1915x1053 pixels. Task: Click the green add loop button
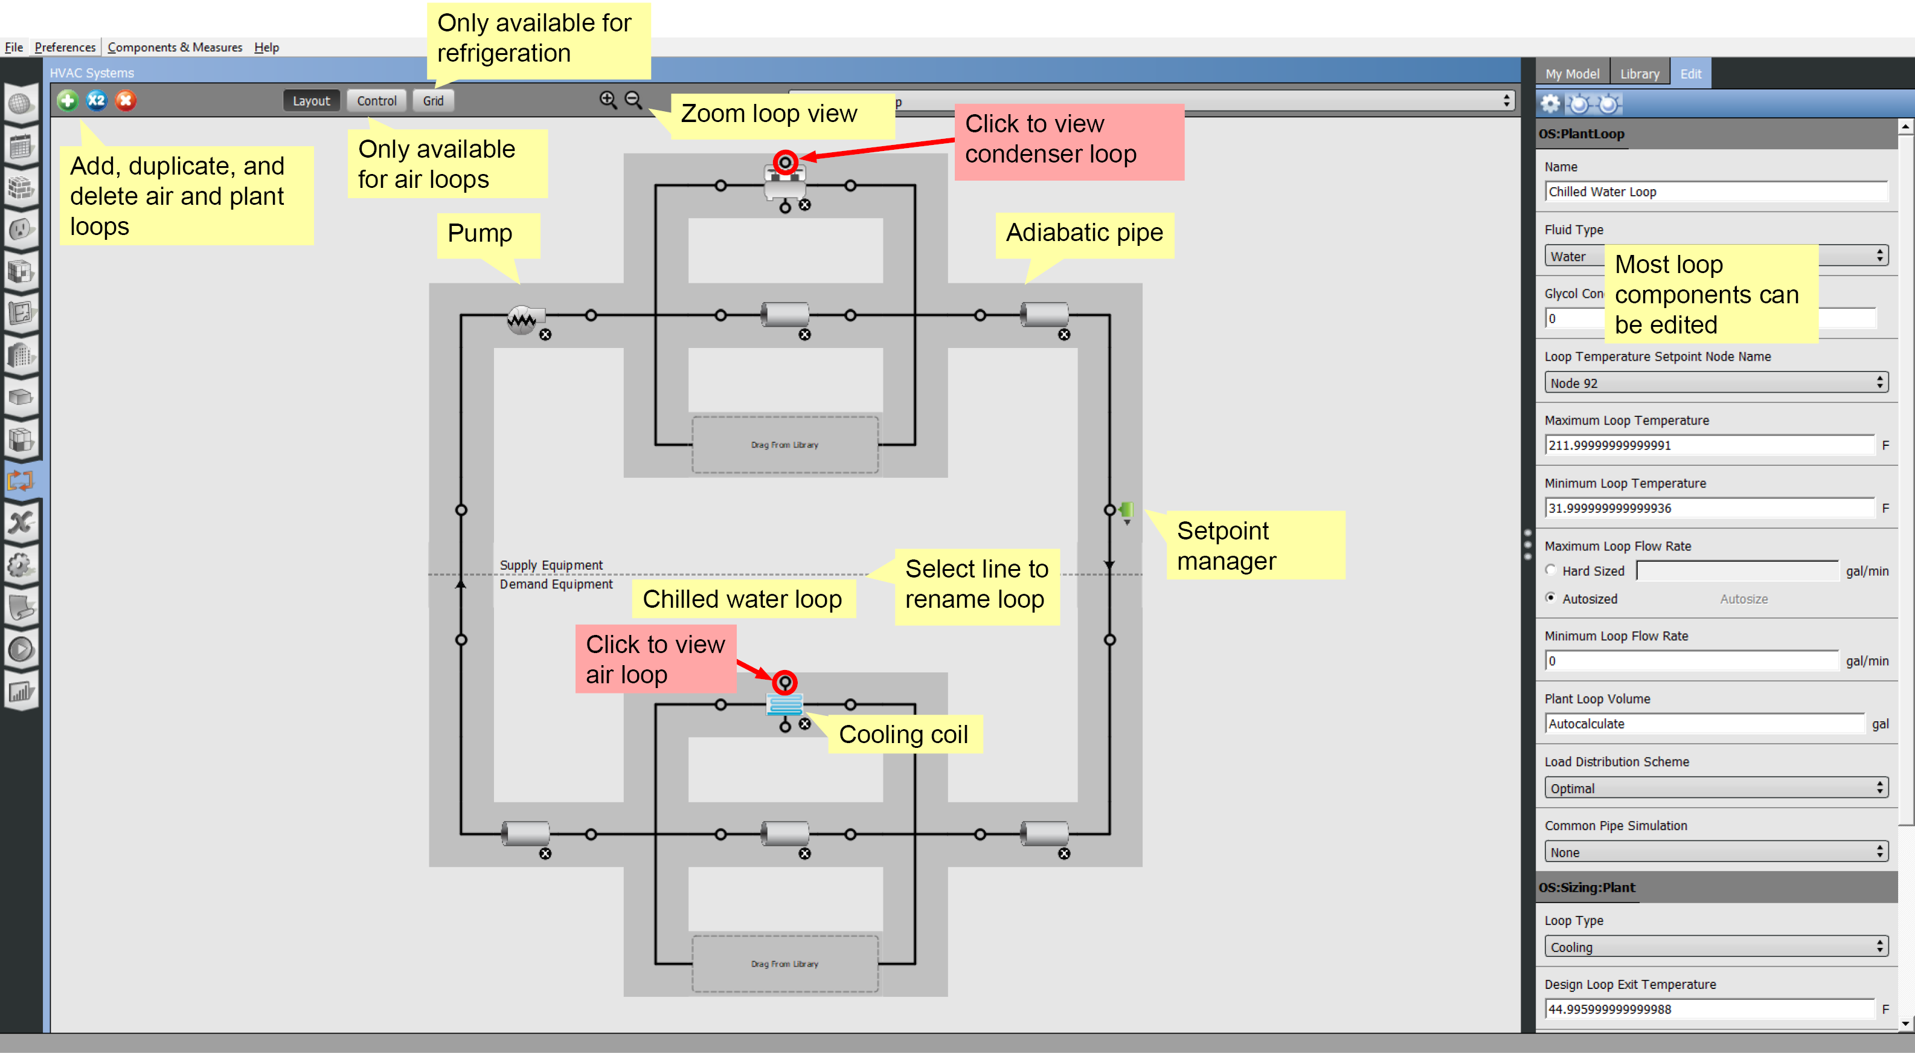(x=68, y=100)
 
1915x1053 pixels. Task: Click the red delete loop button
(x=126, y=100)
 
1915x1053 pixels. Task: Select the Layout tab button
(x=311, y=100)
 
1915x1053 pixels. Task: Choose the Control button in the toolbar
(x=376, y=100)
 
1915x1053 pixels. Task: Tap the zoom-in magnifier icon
(x=608, y=100)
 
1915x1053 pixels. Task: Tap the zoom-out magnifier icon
(x=634, y=100)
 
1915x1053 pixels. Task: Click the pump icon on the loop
(x=522, y=319)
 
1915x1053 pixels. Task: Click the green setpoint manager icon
(x=1127, y=510)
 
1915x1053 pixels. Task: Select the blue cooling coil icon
(x=785, y=704)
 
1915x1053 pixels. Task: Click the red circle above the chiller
(x=785, y=161)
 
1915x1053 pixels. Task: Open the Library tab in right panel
(x=1639, y=74)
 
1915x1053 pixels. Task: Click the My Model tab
(x=1573, y=74)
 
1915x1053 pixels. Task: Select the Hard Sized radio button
(x=1551, y=570)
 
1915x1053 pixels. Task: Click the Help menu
(x=266, y=47)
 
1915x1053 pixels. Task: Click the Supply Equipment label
(x=551, y=565)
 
